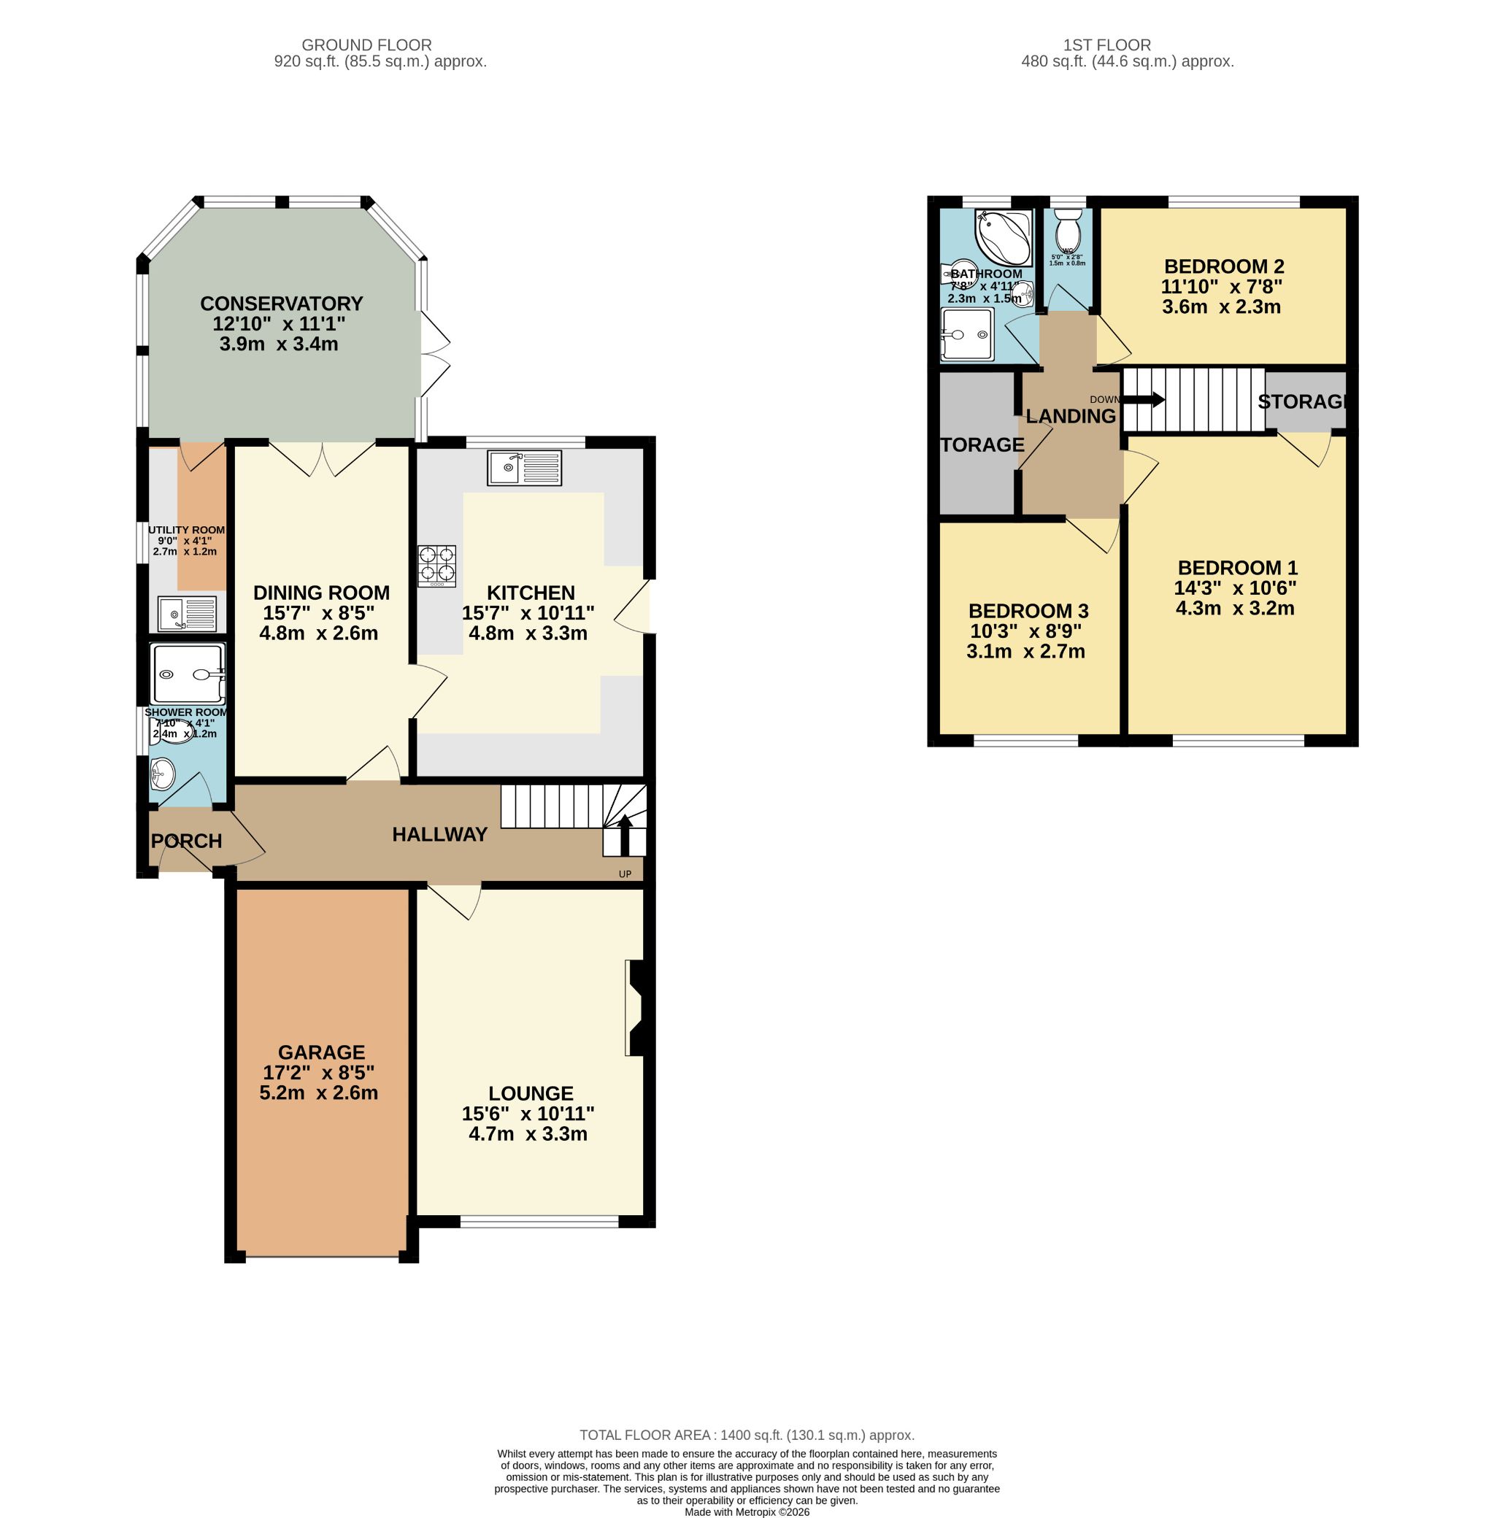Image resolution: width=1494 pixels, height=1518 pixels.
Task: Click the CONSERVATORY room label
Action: tap(281, 304)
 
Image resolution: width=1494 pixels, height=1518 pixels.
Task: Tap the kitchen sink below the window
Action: tap(523, 468)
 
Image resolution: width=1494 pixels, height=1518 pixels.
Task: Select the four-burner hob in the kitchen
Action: tap(437, 566)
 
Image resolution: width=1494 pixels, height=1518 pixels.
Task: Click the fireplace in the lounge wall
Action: tap(635, 1007)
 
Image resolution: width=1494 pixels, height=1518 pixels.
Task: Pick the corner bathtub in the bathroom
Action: tap(1001, 235)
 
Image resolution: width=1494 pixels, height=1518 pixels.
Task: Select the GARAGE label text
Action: tap(322, 1052)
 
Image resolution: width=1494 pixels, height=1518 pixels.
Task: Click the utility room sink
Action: tap(187, 614)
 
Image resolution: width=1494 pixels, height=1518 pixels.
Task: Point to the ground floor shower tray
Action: tap(188, 674)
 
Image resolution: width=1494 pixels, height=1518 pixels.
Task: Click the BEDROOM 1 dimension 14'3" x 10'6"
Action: tap(1235, 587)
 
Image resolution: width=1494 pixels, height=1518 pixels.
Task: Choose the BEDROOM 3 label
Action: tap(1028, 610)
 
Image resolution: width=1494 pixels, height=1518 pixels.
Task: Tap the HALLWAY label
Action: tap(439, 835)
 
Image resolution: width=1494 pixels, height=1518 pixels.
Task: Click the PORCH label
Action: tap(186, 841)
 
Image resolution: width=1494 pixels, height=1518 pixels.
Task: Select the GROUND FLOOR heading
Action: tap(366, 45)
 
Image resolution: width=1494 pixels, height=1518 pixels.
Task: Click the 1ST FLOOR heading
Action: tap(1107, 45)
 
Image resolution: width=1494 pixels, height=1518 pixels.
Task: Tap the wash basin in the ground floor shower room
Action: tap(163, 773)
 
